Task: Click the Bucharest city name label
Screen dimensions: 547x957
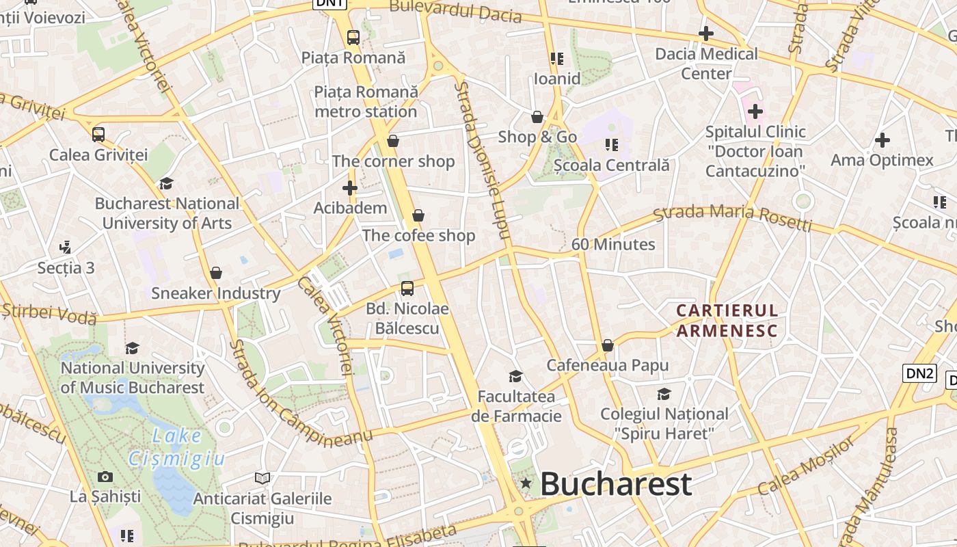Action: (x=616, y=484)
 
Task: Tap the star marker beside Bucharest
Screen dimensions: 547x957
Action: (x=526, y=484)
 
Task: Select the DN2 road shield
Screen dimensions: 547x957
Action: (x=919, y=373)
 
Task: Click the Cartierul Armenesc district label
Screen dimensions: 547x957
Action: (x=727, y=321)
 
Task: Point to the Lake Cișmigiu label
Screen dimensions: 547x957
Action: (x=177, y=447)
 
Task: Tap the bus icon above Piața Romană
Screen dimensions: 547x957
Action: (x=353, y=38)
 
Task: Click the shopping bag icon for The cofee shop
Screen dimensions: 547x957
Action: (x=418, y=215)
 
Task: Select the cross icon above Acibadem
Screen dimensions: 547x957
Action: (x=350, y=188)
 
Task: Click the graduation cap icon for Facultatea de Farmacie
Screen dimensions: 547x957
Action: (x=515, y=376)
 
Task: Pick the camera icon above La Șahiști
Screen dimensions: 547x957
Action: (x=105, y=477)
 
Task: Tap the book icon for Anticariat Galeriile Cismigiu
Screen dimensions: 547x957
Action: (x=262, y=478)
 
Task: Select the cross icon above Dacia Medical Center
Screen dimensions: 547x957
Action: (x=706, y=33)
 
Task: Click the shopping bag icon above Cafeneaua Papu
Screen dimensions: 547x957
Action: (x=607, y=345)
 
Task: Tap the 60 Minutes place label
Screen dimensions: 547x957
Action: (x=613, y=244)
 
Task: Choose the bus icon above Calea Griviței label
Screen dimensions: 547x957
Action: (x=98, y=134)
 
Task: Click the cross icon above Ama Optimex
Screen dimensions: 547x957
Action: (x=882, y=140)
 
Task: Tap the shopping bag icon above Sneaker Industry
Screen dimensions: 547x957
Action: (x=216, y=273)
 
